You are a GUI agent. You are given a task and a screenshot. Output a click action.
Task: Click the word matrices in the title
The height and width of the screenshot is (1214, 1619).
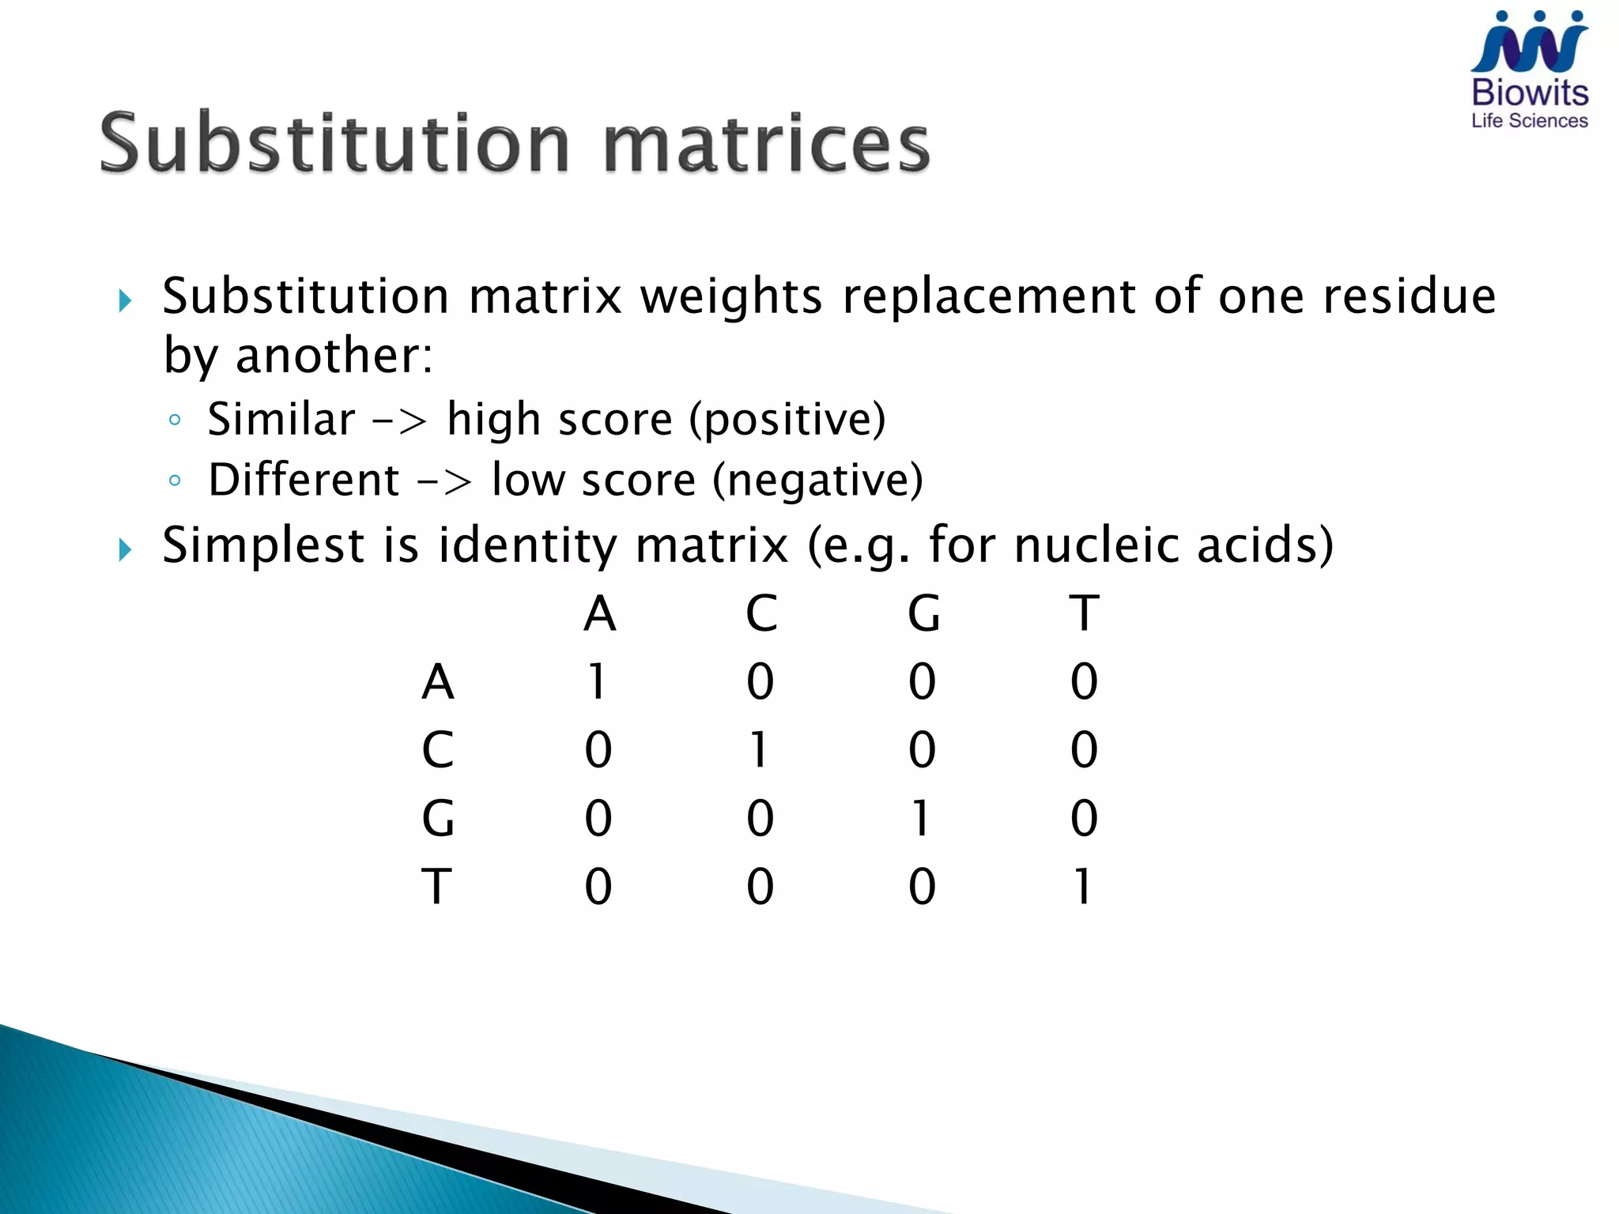766,143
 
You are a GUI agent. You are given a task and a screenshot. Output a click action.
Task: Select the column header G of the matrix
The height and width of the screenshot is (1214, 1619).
923,613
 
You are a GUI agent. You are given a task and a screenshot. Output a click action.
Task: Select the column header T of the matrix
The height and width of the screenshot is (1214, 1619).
1085,613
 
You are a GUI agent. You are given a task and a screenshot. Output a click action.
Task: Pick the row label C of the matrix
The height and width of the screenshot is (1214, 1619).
437,750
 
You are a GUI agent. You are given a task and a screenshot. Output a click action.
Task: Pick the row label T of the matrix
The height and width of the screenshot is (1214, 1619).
436,886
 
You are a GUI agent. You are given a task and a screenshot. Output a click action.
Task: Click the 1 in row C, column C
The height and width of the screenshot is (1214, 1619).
759,750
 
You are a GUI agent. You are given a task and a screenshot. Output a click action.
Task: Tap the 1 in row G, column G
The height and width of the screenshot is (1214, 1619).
921,818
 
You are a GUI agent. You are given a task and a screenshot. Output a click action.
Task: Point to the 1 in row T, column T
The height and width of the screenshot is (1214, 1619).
1083,886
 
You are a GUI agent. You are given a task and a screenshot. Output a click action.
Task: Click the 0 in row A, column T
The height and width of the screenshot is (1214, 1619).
1084,681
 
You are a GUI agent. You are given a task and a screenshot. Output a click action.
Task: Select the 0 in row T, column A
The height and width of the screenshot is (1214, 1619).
598,886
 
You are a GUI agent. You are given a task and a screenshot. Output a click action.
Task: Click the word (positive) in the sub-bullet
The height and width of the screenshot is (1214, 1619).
787,420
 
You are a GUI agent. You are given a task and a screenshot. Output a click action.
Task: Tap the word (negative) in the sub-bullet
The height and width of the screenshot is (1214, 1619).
817,481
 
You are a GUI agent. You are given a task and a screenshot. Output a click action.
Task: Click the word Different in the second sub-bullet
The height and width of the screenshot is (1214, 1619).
304,481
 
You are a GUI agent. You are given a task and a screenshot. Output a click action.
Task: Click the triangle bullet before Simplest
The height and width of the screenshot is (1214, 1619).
125,549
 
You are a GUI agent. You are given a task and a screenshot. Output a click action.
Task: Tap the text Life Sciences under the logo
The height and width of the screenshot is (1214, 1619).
1529,121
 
